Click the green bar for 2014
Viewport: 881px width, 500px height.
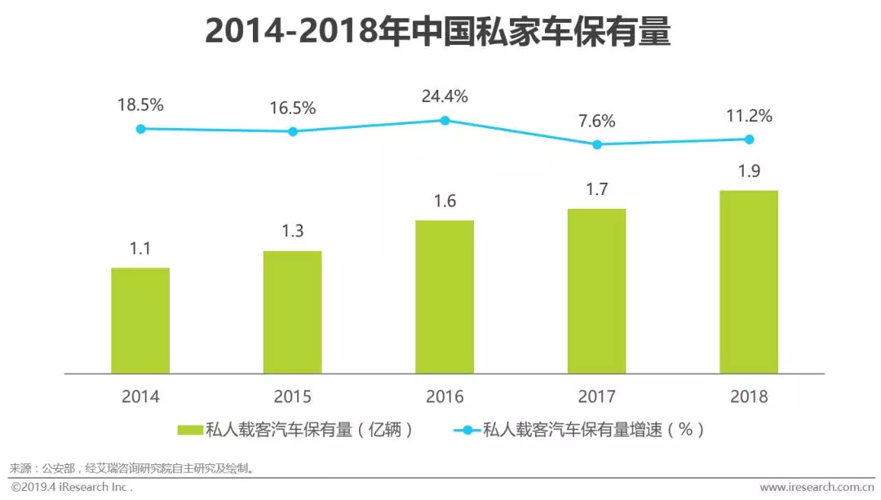(140, 321)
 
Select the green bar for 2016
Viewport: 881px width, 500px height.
(445, 297)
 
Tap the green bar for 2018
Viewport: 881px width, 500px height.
(749, 282)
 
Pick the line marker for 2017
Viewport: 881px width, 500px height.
(597, 144)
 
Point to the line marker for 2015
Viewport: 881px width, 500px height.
(293, 131)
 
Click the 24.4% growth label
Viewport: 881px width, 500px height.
(445, 96)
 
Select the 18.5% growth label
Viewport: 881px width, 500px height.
(140, 104)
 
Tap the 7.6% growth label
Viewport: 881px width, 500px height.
(597, 121)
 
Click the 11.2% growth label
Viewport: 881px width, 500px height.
(749, 116)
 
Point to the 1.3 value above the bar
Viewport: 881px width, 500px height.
(293, 231)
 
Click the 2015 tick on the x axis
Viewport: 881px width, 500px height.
(293, 397)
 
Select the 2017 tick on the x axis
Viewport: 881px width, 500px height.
(597, 397)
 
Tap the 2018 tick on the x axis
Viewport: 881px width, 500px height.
(749, 397)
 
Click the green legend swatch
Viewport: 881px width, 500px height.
(189, 430)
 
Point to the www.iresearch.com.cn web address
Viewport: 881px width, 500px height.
(816, 487)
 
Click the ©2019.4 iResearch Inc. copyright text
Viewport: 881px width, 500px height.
(72, 487)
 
